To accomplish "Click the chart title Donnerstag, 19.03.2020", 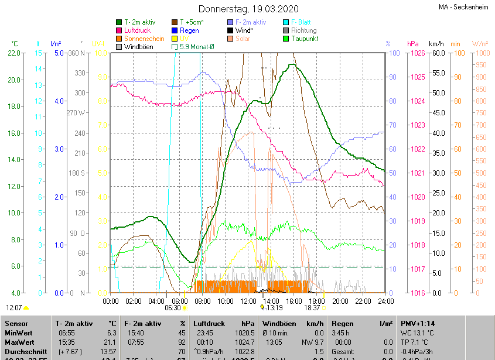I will pos(248,9).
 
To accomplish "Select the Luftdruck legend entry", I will pos(138,30).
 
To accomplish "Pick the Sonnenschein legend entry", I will pos(144,39).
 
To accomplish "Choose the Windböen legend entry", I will pos(138,47).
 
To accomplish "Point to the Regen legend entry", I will pos(189,30).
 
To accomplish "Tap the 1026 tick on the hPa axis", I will pos(417,53).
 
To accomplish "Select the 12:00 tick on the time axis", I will pos(248,301).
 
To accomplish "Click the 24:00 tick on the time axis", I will pos(385,301).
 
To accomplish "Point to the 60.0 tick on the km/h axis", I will pos(437,53).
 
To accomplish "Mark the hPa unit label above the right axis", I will pos(412,44).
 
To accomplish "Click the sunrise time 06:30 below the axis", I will pos(173,307).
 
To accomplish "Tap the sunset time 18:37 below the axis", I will pos(312,307).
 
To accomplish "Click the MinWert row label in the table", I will pos(19,332).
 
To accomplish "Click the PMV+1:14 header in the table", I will pos(418,323).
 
